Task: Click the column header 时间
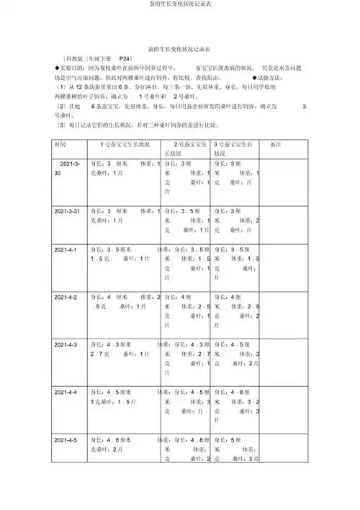(x=60, y=144)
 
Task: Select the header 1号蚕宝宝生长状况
(x=124, y=144)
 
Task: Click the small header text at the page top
(x=179, y=5)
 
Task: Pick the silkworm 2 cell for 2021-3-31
(x=186, y=220)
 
